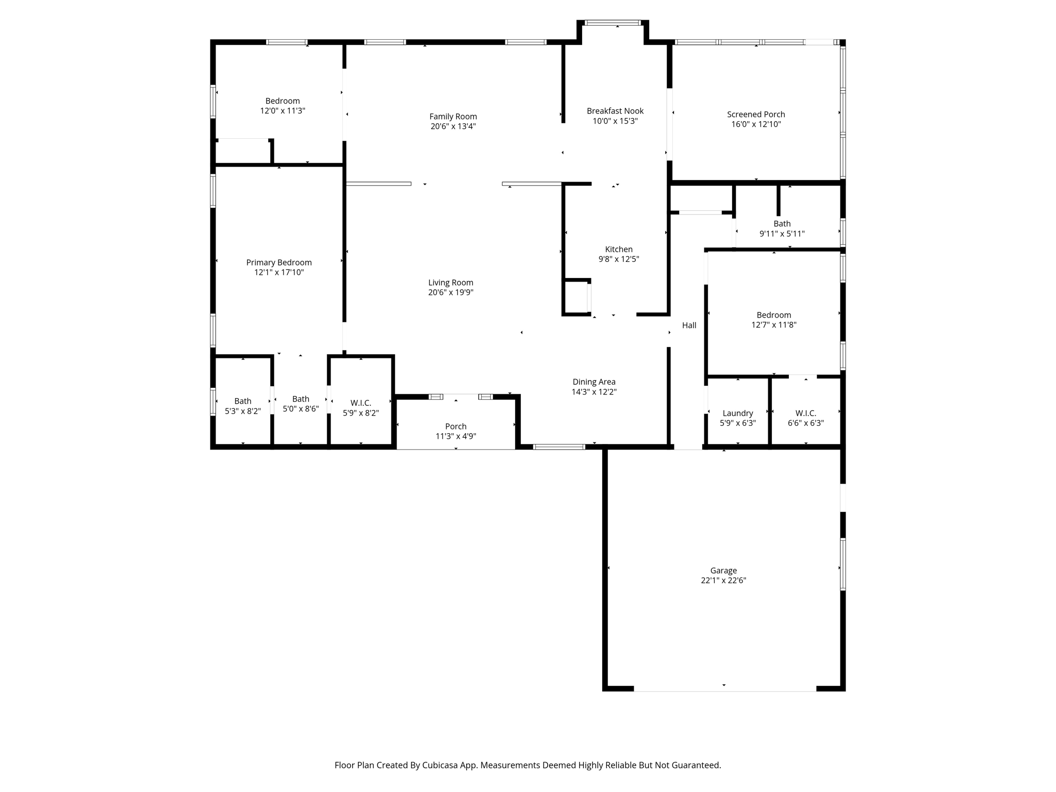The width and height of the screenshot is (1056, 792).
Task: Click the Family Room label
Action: pyautogui.click(x=453, y=117)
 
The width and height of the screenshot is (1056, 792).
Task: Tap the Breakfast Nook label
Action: pyautogui.click(x=615, y=111)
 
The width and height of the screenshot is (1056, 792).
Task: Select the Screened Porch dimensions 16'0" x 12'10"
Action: pyautogui.click(x=756, y=124)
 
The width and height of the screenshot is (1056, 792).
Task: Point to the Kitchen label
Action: pyautogui.click(x=619, y=249)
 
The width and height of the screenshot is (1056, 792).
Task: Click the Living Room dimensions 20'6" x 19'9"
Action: pyautogui.click(x=451, y=292)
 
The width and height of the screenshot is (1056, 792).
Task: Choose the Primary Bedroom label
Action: pyautogui.click(x=279, y=262)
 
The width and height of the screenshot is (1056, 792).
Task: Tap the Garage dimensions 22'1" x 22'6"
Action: pyautogui.click(x=723, y=580)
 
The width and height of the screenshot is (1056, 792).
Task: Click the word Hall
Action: pyautogui.click(x=689, y=325)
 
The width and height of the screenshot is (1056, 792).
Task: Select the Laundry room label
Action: pyautogui.click(x=738, y=413)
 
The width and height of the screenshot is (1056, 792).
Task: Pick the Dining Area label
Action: pyautogui.click(x=594, y=382)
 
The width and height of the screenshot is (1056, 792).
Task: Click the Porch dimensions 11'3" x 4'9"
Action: pyautogui.click(x=456, y=436)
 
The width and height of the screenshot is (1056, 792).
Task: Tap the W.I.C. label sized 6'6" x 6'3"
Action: pyautogui.click(x=806, y=413)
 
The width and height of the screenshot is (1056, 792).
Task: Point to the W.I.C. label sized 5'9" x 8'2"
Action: pyautogui.click(x=361, y=403)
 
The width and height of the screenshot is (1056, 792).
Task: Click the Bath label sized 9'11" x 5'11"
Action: pyautogui.click(x=782, y=223)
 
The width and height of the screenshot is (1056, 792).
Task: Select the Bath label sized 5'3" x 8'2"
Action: pyautogui.click(x=243, y=401)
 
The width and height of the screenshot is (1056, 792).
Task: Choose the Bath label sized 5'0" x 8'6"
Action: pyautogui.click(x=301, y=399)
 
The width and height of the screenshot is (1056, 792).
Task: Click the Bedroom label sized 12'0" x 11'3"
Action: pyautogui.click(x=283, y=101)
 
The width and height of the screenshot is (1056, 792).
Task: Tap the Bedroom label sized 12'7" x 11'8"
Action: pyautogui.click(x=774, y=315)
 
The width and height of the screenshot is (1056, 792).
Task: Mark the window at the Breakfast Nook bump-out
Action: pyautogui.click(x=613, y=23)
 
